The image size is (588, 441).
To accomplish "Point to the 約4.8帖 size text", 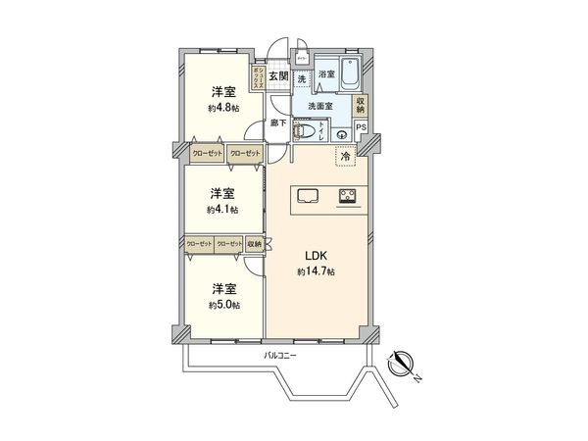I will (222, 108).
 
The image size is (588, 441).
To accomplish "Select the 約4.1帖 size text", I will (222, 209).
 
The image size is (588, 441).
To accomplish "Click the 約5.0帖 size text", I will (222, 304).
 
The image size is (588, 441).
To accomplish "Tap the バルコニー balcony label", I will (280, 354).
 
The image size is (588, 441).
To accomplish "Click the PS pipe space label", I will (361, 126).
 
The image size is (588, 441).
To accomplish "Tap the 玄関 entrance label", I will (278, 75).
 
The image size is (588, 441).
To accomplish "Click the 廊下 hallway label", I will (278, 122).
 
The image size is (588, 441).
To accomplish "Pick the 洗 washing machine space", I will (303, 77).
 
